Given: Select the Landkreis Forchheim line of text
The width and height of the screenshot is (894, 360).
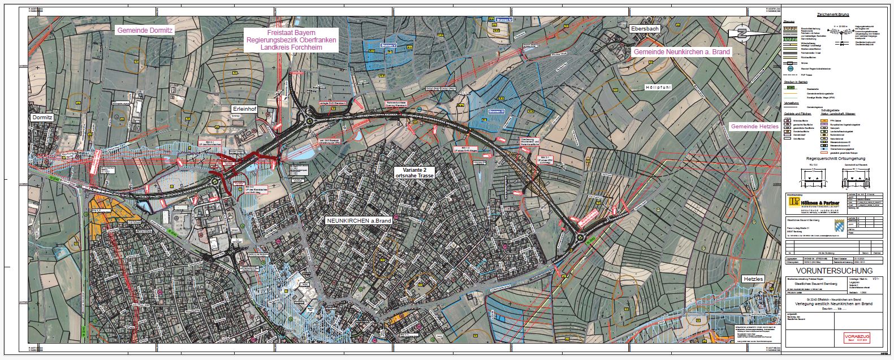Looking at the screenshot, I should tap(291, 48).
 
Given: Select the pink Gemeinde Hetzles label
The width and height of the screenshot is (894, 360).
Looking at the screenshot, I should tap(754, 126).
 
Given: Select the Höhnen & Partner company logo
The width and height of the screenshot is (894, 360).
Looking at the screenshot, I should tap(813, 203).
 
